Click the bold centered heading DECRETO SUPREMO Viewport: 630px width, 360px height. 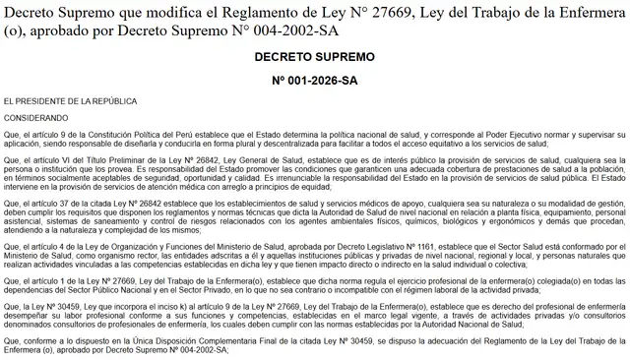coord(314,58)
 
